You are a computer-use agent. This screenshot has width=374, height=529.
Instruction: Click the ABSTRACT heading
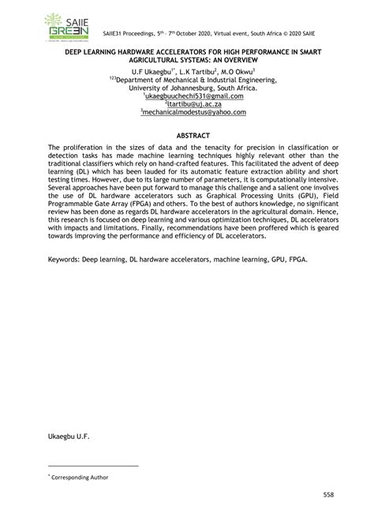click(188, 135)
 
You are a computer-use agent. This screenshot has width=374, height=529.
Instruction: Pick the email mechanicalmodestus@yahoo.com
click(188, 112)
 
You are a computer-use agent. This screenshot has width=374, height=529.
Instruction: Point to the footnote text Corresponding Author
click(80, 477)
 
